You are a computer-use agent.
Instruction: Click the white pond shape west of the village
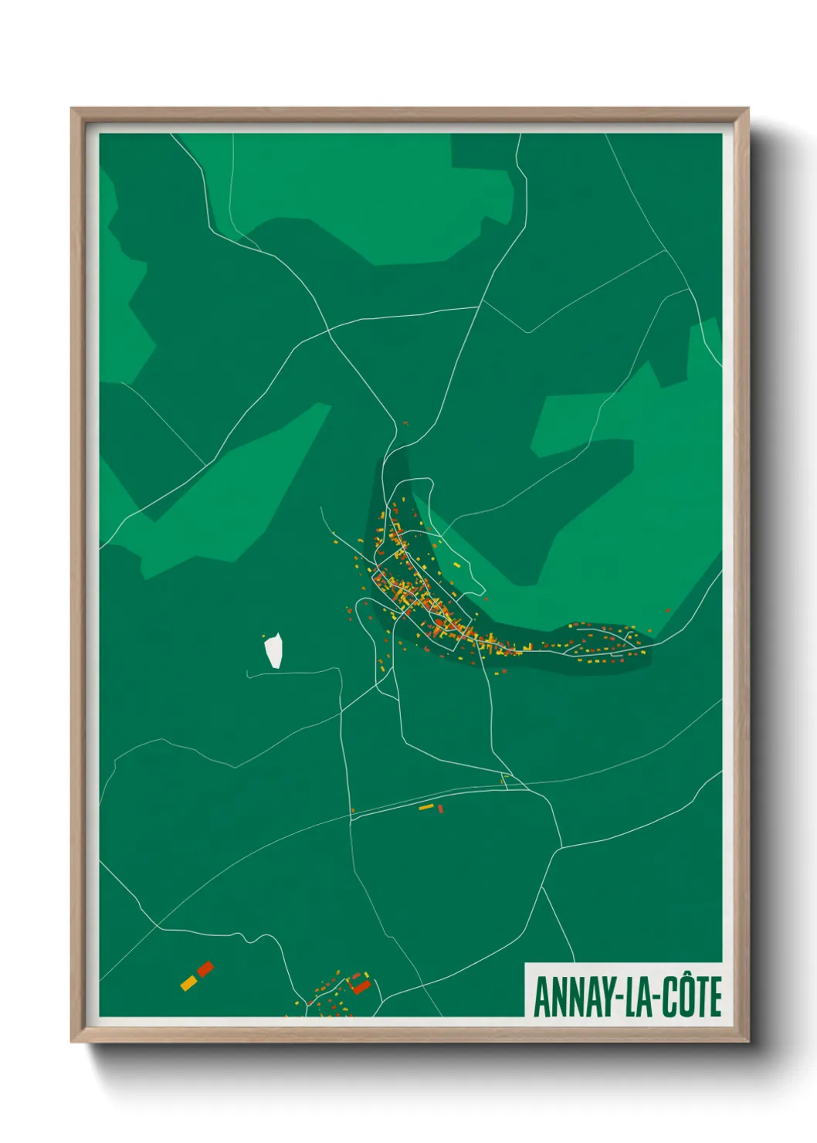[x=273, y=650]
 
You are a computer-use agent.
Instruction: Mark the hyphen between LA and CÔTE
[x=653, y=999]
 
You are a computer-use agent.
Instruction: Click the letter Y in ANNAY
[x=600, y=997]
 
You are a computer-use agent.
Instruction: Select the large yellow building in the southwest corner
[x=188, y=982]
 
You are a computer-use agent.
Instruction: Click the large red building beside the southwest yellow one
[x=205, y=968]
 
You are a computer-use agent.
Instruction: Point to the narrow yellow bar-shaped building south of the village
[x=426, y=807]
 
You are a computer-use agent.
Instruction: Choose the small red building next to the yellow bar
[x=440, y=809]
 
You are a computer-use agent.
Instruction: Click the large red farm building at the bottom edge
[x=361, y=986]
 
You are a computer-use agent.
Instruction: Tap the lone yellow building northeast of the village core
[x=456, y=565]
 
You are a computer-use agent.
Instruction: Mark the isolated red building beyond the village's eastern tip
[x=668, y=611]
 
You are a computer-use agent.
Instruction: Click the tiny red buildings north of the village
[x=405, y=423]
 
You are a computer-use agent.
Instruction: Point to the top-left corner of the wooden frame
[x=72, y=109]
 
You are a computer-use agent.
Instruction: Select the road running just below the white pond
[x=293, y=672]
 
